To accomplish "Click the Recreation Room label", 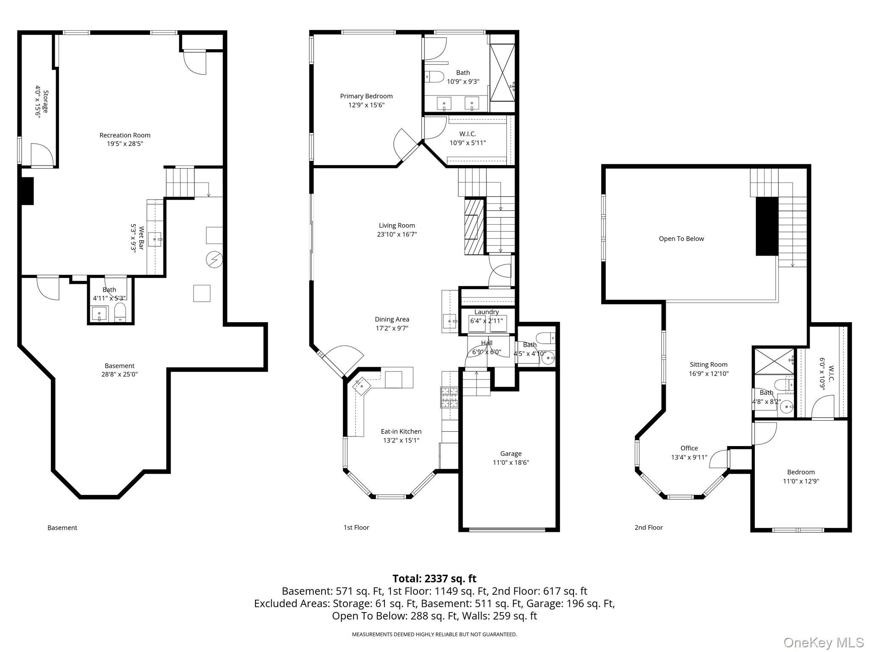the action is (125, 135).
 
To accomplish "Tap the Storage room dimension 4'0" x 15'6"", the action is (38, 102).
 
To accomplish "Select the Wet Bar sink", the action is (155, 239).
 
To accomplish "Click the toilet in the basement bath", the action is (121, 312).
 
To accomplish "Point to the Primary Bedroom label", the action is (366, 96).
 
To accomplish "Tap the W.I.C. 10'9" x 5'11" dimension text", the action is (468, 143).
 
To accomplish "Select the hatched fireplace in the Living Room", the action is (474, 227).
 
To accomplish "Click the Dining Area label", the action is (392, 320).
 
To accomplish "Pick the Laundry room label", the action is (486, 312).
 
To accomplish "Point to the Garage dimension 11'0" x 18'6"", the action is (510, 463).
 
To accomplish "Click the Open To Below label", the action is (681, 239).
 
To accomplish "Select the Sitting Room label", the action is (708, 365).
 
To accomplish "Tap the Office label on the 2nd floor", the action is (689, 448).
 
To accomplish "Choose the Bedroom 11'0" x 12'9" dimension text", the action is (801, 481).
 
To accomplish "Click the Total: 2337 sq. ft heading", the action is (434, 579).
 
